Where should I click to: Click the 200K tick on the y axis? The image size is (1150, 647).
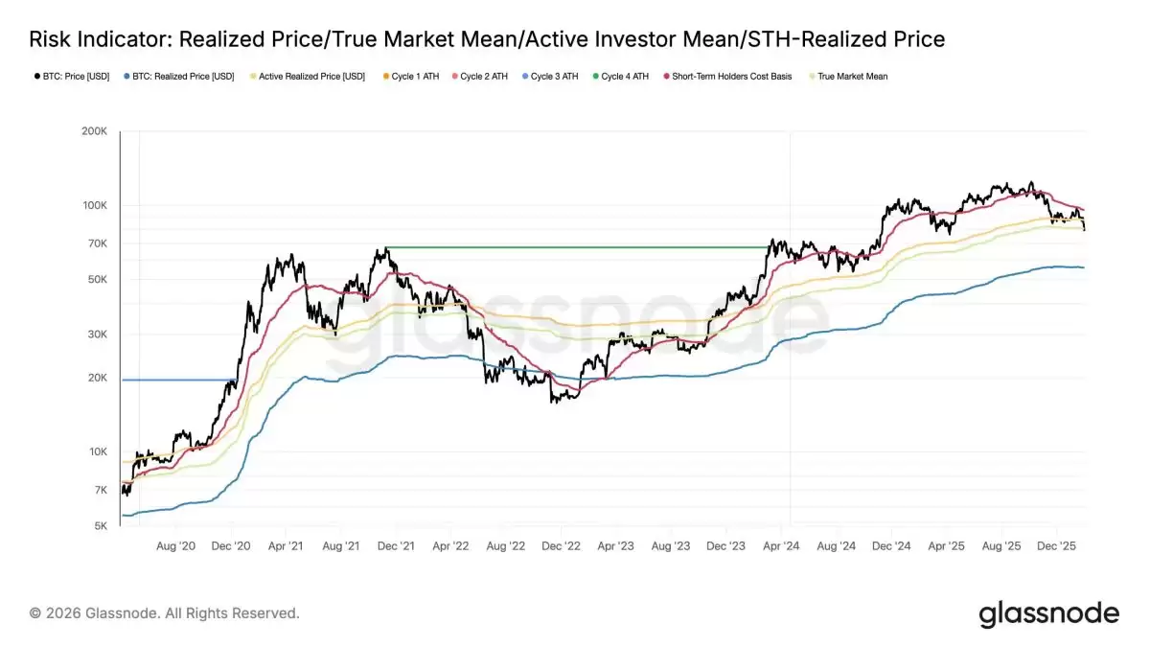[x=94, y=131]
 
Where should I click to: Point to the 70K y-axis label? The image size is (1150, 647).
[x=96, y=243]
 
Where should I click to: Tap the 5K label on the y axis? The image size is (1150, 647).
[x=100, y=526]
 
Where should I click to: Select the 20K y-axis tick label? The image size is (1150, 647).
[x=96, y=378]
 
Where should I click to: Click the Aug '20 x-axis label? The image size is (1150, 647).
[x=175, y=545]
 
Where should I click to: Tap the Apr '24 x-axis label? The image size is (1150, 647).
[x=782, y=545]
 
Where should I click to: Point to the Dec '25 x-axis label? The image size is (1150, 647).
[x=1057, y=545]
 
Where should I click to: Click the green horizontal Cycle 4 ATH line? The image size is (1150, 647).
[x=575, y=247]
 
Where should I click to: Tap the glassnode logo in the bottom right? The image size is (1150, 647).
[x=1048, y=613]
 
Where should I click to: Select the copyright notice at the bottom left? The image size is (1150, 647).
[x=164, y=612]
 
